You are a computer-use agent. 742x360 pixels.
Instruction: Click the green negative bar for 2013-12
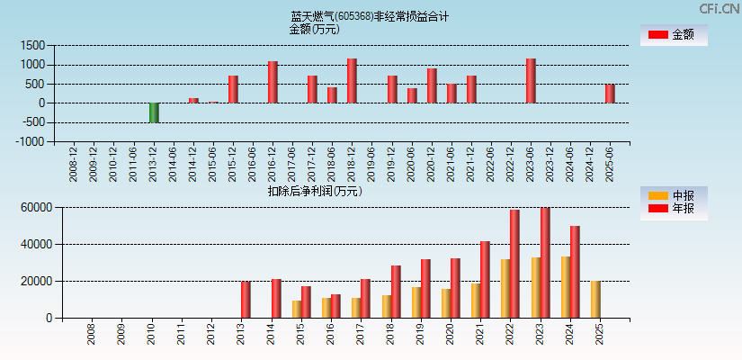pos(154,112)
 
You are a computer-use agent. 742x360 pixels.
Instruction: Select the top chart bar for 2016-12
pos(273,82)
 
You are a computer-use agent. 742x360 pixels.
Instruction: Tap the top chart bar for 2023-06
pos(531,81)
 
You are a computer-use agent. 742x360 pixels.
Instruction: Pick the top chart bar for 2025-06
pos(610,94)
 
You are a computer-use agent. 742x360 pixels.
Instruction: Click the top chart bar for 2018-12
pos(352,81)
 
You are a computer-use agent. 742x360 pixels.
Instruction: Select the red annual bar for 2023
pos(545,263)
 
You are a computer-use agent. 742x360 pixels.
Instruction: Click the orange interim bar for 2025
pos(595,299)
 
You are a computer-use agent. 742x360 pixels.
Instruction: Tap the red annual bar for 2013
pos(246,300)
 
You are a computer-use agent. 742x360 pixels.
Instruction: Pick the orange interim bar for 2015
pos(297,309)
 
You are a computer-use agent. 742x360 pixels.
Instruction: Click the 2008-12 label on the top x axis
pos(74,163)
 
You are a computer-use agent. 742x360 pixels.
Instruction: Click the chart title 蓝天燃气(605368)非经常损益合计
pos(370,16)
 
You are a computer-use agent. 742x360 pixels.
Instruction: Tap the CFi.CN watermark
pos(719,8)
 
